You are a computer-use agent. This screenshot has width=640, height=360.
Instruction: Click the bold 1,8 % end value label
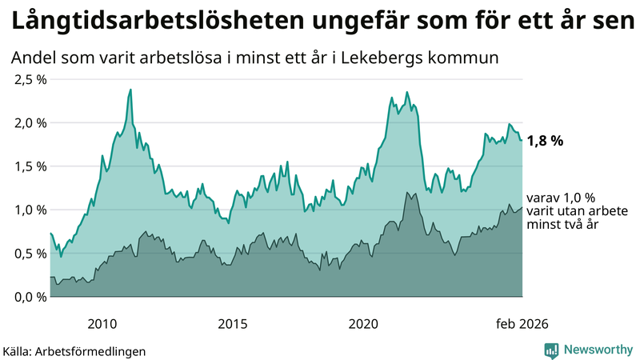pos(545,141)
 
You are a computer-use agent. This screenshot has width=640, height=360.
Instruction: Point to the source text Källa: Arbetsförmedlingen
pos(74,351)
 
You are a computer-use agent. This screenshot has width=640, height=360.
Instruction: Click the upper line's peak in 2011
pos(130,90)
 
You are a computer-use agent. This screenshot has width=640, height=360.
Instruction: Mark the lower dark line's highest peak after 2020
pos(407,192)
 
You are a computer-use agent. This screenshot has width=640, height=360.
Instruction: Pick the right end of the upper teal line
pos(522,140)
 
